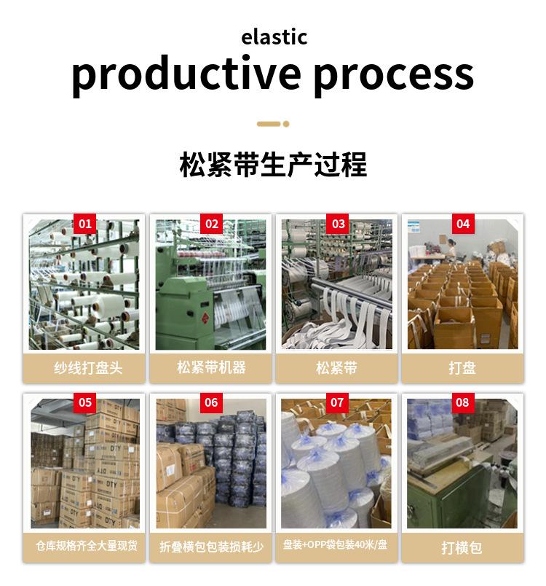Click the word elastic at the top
pos(274,36)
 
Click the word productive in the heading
pos(186,74)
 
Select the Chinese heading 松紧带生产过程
pos(273,165)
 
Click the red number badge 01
pos(85,223)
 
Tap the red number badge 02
pos(212,223)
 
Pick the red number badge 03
pos(338,223)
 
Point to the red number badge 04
pos(463,223)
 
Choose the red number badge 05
pos(85,402)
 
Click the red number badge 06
pos(212,402)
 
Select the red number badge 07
pos(338,402)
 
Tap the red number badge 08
pos(463,402)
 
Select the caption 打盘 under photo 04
pos(462,367)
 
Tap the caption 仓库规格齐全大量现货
pos(87,546)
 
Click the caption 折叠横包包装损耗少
pos(212,547)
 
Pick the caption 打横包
pos(462,547)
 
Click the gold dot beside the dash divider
pos(286,124)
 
